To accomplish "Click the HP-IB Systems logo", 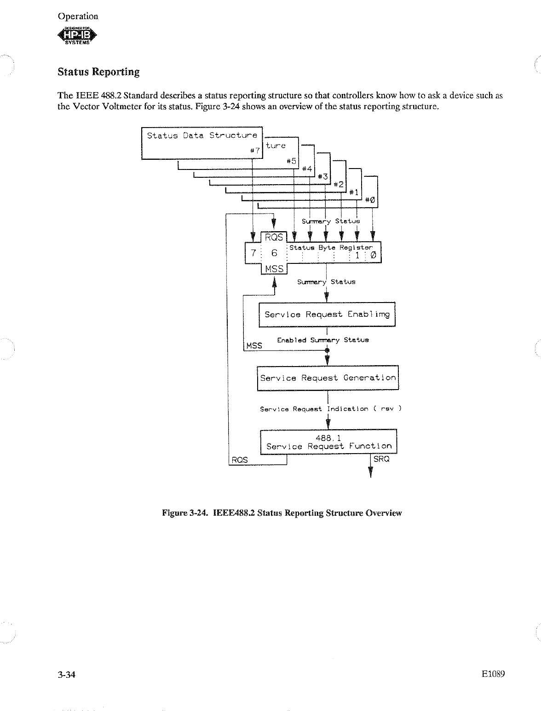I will pyautogui.click(x=78, y=36).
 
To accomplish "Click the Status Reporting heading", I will pyautogui.click(x=98, y=72).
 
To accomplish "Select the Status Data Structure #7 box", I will pyautogui.click(x=201, y=143).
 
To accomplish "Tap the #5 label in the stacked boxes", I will pyautogui.click(x=290, y=161).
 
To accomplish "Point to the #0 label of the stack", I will pyautogui.click(x=369, y=200).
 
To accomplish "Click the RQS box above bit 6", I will pyautogui.click(x=274, y=237).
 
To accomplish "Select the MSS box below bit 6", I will pyautogui.click(x=274, y=268).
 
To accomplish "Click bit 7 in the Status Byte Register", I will pyautogui.click(x=253, y=253).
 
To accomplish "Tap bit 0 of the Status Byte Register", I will pyautogui.click(x=373, y=255).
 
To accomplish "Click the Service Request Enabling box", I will pyautogui.click(x=327, y=315).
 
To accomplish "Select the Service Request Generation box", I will pyautogui.click(x=328, y=378).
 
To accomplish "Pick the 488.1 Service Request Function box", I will pyautogui.click(x=328, y=442).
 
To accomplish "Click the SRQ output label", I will pyautogui.click(x=381, y=459).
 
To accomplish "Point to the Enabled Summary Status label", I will pyautogui.click(x=322, y=340).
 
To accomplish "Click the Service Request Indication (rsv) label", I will pyautogui.click(x=331, y=409).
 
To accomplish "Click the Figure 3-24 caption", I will pyautogui.click(x=282, y=513).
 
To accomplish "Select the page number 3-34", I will pyautogui.click(x=66, y=675).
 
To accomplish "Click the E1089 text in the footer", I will pyautogui.click(x=493, y=675).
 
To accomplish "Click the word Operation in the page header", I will pyautogui.click(x=78, y=16).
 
